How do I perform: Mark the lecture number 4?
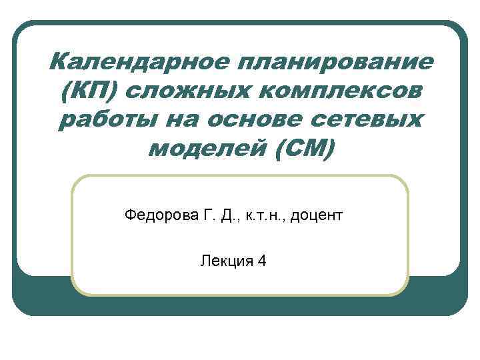coord(262,261)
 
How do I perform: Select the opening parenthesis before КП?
coord(65,92)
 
